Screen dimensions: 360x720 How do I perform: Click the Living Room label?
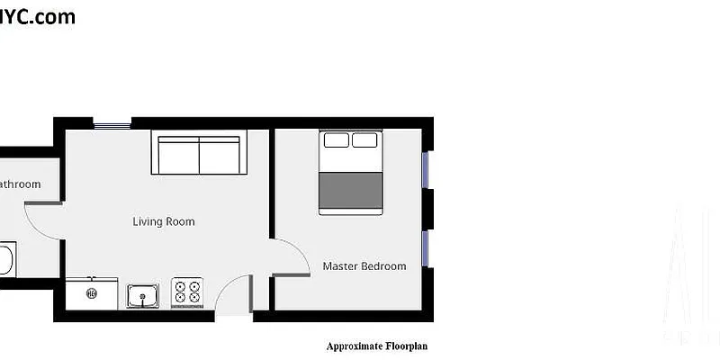coord(163,221)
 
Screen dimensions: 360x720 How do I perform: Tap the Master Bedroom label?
coord(364,266)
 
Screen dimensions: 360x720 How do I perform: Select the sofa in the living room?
coord(199,155)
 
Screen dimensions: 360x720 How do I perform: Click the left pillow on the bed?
coord(336,140)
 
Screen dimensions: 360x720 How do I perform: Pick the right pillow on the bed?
coord(364,140)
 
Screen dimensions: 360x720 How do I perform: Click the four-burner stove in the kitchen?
coord(187,292)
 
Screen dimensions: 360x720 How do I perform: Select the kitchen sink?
coord(142,294)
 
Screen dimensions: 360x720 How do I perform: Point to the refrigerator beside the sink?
coord(91,292)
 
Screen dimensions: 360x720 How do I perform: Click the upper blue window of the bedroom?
coord(426,169)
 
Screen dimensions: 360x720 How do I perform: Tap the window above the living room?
coord(112,124)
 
